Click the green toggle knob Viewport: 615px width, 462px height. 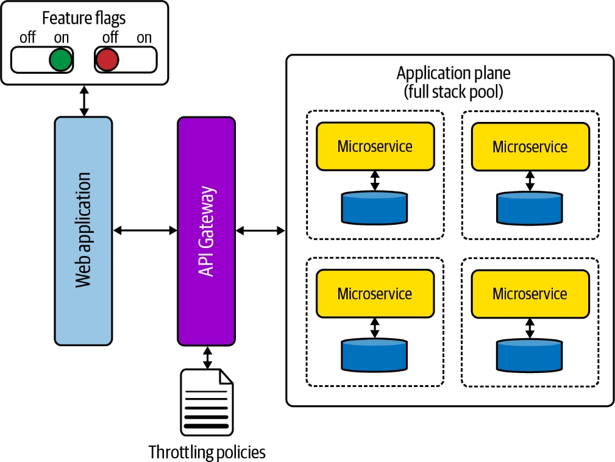click(x=60, y=59)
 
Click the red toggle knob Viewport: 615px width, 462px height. click(x=107, y=59)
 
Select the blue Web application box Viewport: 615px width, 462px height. click(x=84, y=230)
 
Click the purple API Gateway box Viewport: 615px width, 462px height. click(x=206, y=231)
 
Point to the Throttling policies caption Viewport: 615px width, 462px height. click(x=207, y=452)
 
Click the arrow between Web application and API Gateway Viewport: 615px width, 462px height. click(x=145, y=230)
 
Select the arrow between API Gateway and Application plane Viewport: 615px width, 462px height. click(x=260, y=230)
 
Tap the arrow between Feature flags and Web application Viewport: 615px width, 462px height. click(x=84, y=101)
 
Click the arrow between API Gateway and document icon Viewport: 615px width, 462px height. click(x=207, y=357)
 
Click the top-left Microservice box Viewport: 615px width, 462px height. click(x=375, y=146)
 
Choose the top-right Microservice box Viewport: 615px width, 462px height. click(x=530, y=147)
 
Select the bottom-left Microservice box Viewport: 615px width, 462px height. click(x=375, y=294)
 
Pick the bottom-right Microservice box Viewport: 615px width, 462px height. click(x=530, y=294)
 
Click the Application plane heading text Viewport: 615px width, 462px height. click(x=453, y=82)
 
